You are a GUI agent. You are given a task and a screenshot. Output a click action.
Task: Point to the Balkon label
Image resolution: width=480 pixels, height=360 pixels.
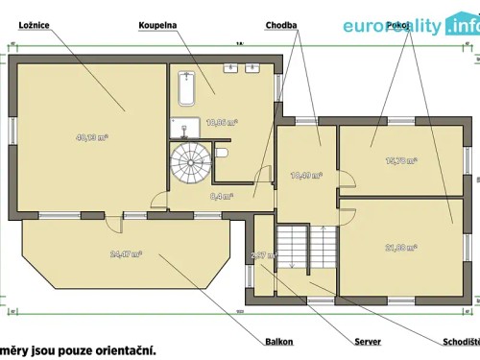[x=279, y=341]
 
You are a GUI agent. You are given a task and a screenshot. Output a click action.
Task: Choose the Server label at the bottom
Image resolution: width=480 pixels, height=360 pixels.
[x=368, y=341]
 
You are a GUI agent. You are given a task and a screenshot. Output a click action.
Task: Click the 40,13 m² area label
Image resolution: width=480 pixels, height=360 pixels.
[x=91, y=137]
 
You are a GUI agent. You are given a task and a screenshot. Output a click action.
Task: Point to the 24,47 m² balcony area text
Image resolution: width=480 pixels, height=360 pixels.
[x=126, y=254]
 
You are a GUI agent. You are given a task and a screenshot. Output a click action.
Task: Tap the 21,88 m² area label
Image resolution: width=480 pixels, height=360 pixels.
[x=400, y=248]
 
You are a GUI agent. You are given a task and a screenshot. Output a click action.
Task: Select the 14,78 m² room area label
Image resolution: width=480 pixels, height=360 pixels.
[x=400, y=160]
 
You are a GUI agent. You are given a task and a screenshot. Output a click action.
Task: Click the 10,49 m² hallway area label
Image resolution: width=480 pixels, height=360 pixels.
[x=305, y=176]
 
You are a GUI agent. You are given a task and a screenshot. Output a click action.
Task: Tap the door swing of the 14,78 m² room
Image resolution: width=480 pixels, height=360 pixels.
[x=347, y=182]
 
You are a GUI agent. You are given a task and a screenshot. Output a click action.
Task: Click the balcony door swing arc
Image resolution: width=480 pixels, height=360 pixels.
[x=115, y=224]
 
